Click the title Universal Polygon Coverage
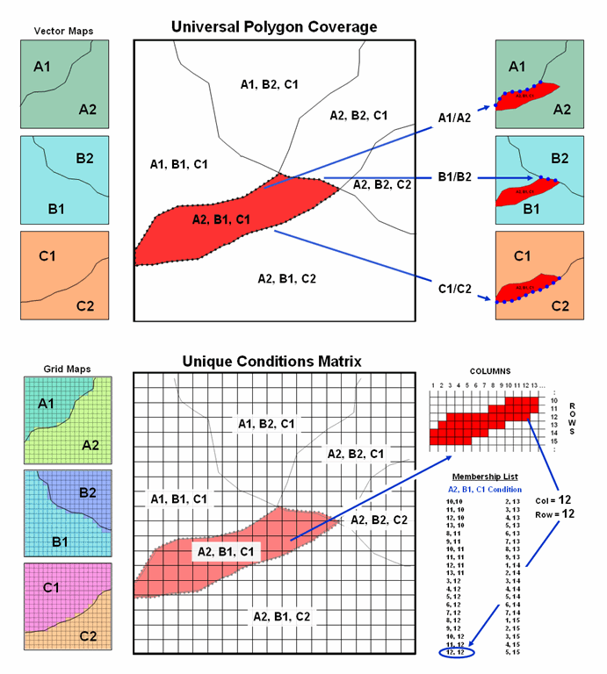click(273, 27)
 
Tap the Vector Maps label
click(64, 31)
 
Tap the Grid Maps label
click(64, 369)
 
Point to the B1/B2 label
click(456, 178)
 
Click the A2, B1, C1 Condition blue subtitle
click(485, 489)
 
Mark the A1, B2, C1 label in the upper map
click(269, 84)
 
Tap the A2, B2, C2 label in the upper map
click(381, 184)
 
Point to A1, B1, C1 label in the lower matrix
click(179, 499)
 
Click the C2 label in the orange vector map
click(85, 306)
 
